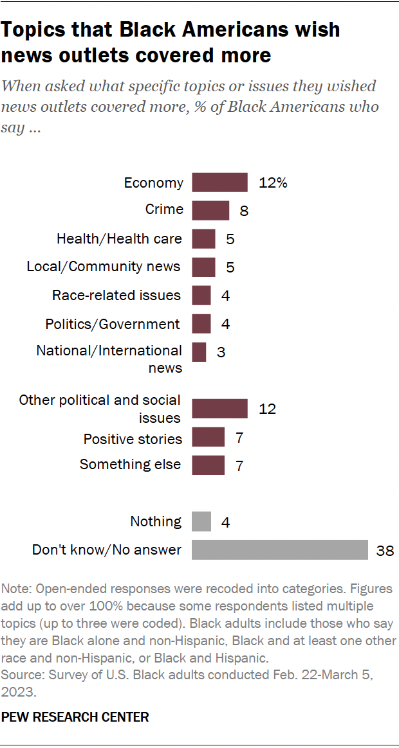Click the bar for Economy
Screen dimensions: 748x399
(x=219, y=183)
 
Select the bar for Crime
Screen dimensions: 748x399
(x=210, y=210)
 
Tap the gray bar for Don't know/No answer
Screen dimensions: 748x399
(x=280, y=550)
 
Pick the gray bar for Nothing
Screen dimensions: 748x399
(x=201, y=521)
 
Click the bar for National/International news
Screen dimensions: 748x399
(x=199, y=352)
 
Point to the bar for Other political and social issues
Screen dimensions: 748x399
(x=219, y=409)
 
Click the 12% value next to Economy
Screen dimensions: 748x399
(x=272, y=183)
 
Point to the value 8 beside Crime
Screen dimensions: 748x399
(x=244, y=210)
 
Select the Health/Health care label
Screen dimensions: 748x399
(x=119, y=239)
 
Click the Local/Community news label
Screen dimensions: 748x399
(x=104, y=266)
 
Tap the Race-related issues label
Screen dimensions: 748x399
(x=116, y=295)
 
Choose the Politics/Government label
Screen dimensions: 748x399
(x=113, y=324)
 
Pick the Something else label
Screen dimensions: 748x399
(x=131, y=464)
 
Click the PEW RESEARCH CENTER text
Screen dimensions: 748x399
(x=75, y=717)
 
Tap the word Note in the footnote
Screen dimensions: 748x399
(x=14, y=589)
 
